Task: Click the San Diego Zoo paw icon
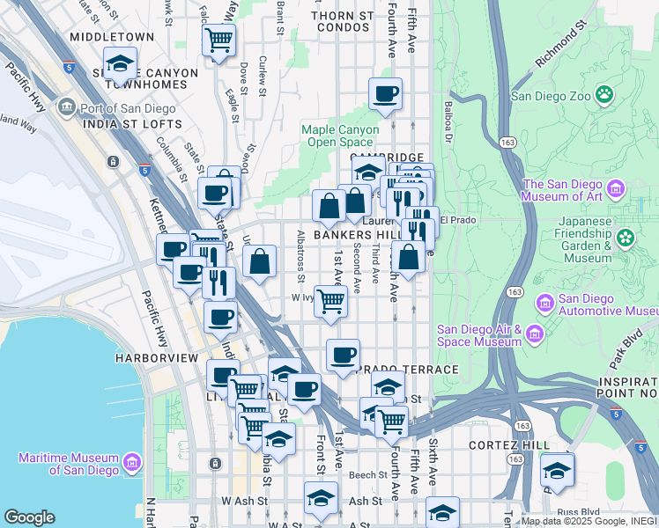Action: tap(604, 94)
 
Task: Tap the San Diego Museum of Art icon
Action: tap(615, 188)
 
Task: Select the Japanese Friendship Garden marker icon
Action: tap(626, 238)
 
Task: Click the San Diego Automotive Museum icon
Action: tap(544, 304)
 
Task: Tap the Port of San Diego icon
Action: tap(66, 108)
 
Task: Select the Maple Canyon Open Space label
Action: tap(340, 136)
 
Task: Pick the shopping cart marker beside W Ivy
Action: tap(330, 300)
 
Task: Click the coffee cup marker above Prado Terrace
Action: tap(343, 355)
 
